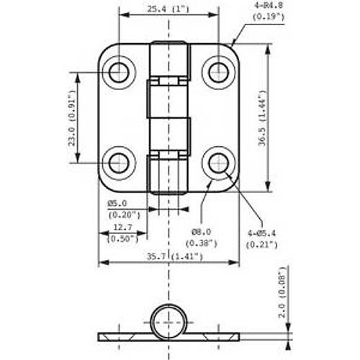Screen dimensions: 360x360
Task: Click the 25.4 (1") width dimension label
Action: (168, 9)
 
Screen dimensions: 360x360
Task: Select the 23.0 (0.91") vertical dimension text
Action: (73, 118)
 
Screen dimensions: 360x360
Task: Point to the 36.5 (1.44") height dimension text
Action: (263, 118)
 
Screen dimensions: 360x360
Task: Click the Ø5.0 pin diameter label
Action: (117, 204)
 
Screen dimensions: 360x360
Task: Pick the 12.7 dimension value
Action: (122, 228)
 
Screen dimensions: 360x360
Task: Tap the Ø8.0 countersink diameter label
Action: (202, 232)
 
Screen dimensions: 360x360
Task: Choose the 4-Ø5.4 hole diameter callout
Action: (262, 233)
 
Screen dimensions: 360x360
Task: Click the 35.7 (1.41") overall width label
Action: (175, 256)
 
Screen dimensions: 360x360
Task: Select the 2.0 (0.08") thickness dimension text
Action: (283, 292)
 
